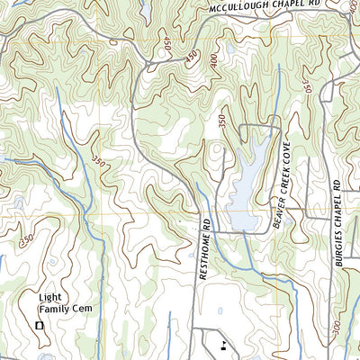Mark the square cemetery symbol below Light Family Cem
click(39, 325)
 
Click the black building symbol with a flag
click(222, 344)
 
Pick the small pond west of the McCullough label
click(145, 11)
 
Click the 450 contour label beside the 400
click(190, 58)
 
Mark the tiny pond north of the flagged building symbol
click(171, 314)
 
